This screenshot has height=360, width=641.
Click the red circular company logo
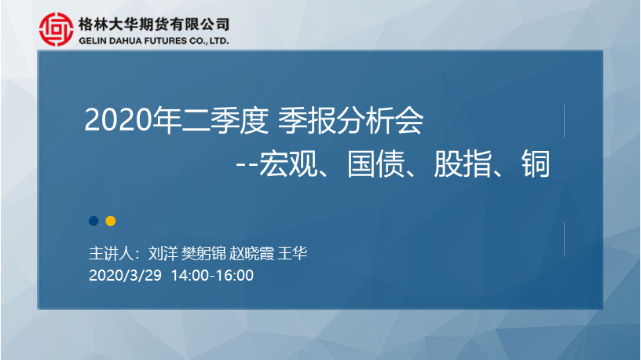(x=57, y=29)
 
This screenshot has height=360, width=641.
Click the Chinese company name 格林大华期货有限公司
(x=154, y=24)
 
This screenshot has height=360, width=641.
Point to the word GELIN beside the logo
(x=93, y=41)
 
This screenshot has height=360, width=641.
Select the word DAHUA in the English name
(x=126, y=41)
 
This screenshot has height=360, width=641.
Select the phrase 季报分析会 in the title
(x=351, y=120)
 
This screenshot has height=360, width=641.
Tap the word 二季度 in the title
(x=210, y=120)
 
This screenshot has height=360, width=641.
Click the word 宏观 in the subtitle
(x=288, y=163)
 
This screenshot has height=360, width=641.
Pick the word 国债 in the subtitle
(x=376, y=163)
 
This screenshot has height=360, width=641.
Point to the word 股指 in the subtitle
(x=463, y=163)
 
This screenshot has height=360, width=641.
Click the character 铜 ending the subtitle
(x=536, y=163)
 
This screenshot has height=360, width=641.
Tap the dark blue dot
(x=93, y=221)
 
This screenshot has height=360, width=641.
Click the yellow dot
(x=111, y=221)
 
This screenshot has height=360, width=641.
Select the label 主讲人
(x=112, y=254)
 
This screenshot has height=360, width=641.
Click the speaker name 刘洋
(x=163, y=254)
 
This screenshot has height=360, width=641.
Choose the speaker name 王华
(x=292, y=254)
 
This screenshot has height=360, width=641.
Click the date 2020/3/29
(x=125, y=275)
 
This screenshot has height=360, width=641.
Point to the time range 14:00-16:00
(x=212, y=275)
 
